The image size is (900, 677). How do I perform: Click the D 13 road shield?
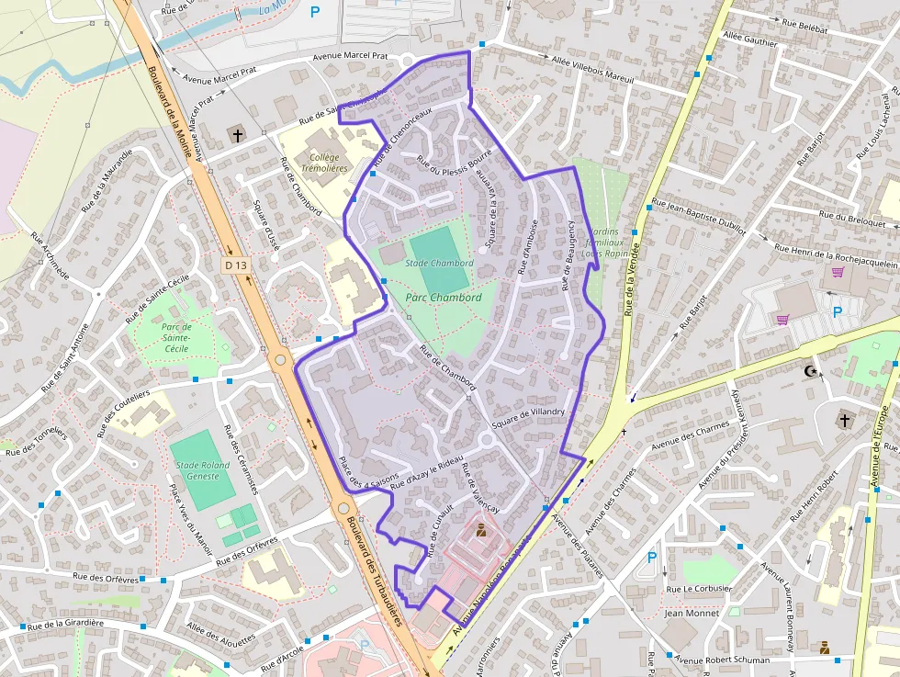click(236, 265)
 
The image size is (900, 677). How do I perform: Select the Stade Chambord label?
click(439, 264)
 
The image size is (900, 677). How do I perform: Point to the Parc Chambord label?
click(444, 298)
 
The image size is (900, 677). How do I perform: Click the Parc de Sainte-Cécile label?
click(175, 337)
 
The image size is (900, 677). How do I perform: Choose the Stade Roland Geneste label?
click(203, 470)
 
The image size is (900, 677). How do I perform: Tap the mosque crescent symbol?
click(809, 371)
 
